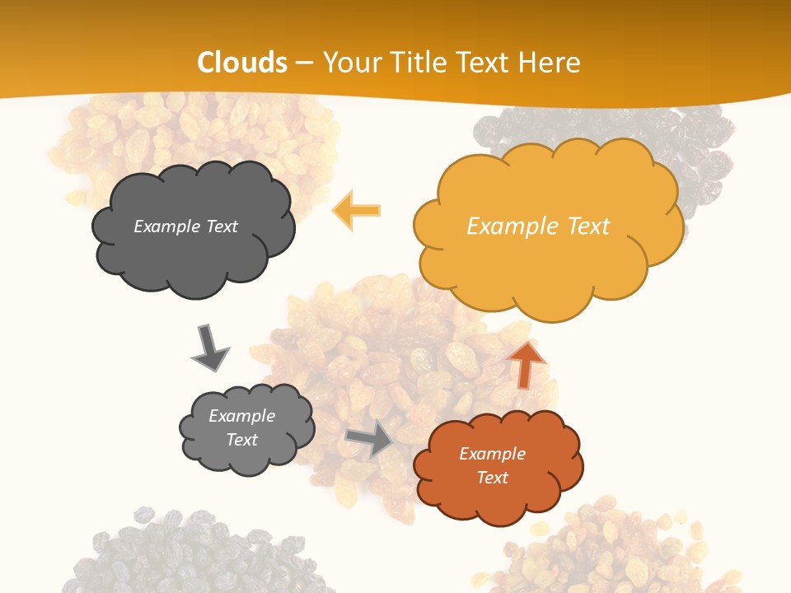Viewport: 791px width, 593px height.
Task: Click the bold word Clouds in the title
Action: point(241,63)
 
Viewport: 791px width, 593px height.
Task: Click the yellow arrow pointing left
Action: point(357,210)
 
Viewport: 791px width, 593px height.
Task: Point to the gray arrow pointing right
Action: point(370,440)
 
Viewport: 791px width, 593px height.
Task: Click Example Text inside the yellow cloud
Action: point(538,226)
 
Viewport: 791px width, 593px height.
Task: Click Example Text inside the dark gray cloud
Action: point(185,226)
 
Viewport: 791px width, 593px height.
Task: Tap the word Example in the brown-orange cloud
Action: point(492,454)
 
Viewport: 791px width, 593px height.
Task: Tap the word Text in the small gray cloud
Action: point(242,440)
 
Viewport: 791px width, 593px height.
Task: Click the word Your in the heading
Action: point(349,63)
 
